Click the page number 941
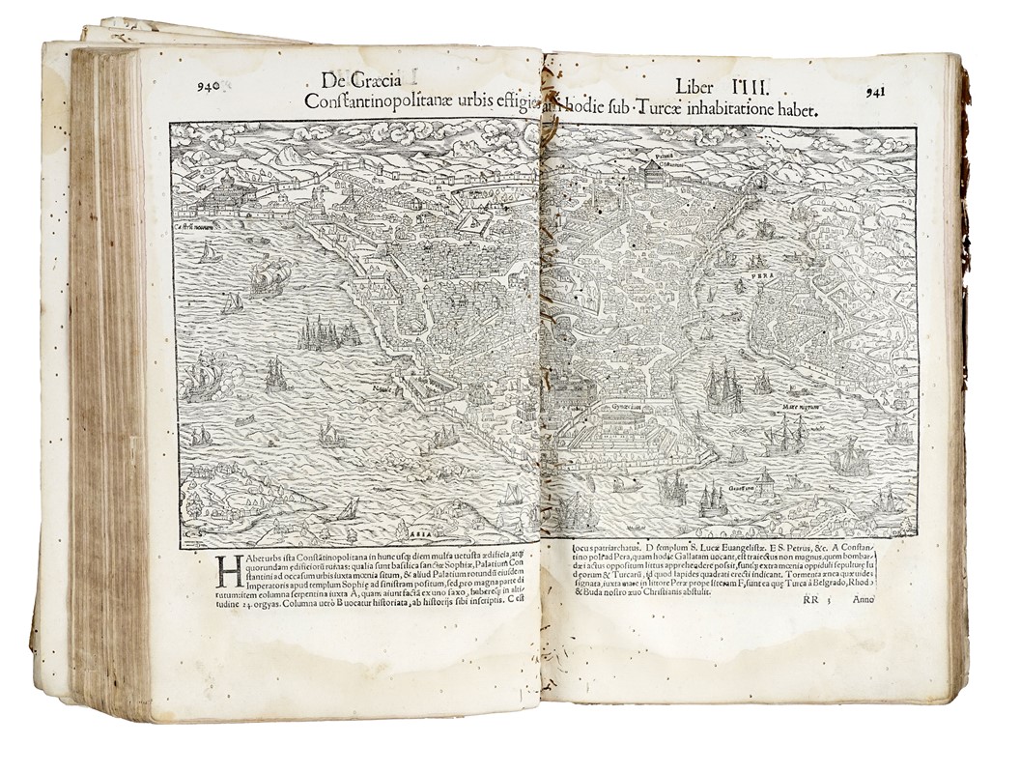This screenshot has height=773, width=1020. (875, 92)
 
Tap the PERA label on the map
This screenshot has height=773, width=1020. (742, 287)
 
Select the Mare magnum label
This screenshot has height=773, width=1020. (801, 409)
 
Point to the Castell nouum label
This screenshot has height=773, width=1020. (194, 226)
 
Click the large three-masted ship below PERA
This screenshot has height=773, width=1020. (723, 386)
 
